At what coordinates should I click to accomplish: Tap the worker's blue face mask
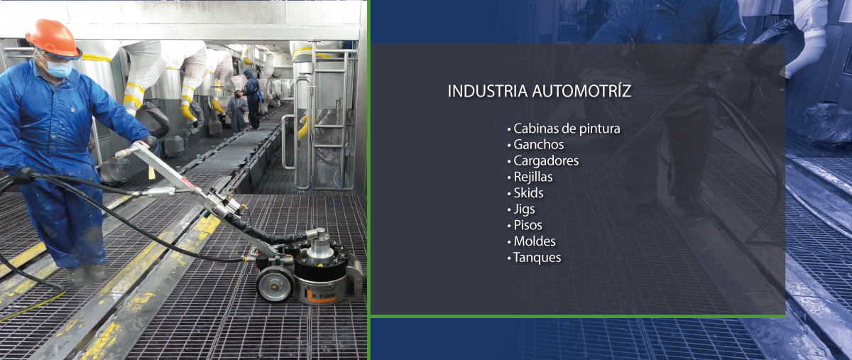point(60,69)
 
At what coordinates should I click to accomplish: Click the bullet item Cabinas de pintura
point(567,129)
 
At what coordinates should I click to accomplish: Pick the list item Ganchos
point(538,145)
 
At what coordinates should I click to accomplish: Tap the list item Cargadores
point(545,160)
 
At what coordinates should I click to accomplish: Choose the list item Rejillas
point(532,177)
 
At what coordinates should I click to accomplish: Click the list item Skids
point(528,193)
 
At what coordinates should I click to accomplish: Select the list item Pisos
point(528,225)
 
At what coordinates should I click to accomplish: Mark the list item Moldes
point(534,241)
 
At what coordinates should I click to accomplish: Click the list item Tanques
point(537,258)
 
